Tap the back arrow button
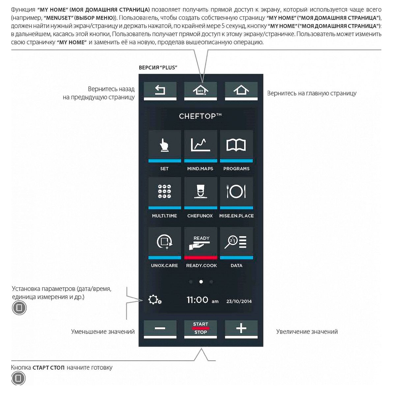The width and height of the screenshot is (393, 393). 160,90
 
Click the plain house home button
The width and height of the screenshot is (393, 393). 241,90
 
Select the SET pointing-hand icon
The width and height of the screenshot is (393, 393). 164,145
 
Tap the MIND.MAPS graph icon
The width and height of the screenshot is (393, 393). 200,145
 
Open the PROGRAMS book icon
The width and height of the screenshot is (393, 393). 236,145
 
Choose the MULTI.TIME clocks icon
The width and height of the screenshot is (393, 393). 164,192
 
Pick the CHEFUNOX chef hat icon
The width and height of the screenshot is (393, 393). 200,192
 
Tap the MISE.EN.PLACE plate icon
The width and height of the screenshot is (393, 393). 236,192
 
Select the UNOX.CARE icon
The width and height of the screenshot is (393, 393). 164,242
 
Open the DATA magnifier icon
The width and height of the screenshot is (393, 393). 236,242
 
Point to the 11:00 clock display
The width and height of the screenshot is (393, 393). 198,300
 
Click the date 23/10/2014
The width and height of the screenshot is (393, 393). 239,301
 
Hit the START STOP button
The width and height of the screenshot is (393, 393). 201,328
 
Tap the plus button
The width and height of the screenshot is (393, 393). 241,328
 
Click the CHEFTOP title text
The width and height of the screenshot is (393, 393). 200,116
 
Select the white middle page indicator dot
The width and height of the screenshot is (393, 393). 201,282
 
